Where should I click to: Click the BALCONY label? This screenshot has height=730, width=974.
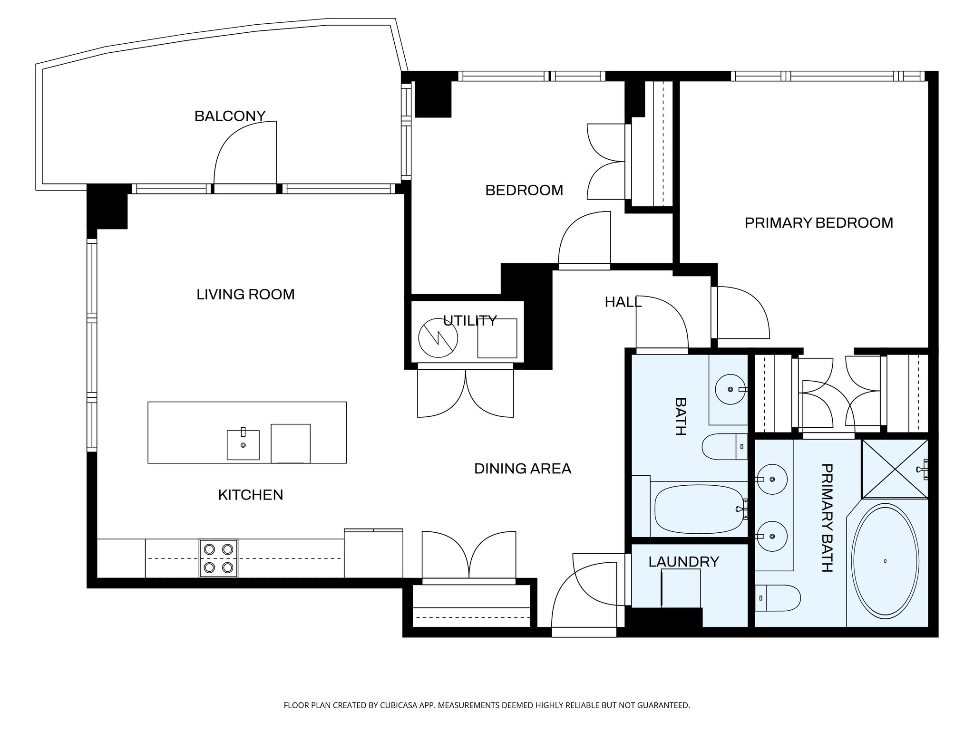tap(230, 116)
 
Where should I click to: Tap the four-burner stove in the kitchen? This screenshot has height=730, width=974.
tap(218, 558)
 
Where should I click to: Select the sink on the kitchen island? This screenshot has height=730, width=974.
tap(243, 445)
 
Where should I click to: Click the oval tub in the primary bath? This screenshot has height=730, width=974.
tap(885, 561)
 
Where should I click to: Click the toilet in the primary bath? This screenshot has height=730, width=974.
tap(777, 598)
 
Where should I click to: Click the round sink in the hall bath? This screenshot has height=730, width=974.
tap(730, 389)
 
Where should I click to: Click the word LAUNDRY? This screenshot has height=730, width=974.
tap(683, 562)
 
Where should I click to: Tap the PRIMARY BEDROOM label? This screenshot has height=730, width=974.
tap(818, 223)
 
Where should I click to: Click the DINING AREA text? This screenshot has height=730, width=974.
tap(522, 469)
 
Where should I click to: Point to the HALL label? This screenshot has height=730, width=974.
tap(623, 302)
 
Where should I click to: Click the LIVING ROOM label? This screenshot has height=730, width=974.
tap(245, 294)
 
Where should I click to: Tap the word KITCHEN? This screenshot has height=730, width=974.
tap(250, 495)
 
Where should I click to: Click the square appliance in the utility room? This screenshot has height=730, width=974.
tap(497, 338)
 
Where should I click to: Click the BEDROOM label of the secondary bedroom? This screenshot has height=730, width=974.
tap(524, 190)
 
